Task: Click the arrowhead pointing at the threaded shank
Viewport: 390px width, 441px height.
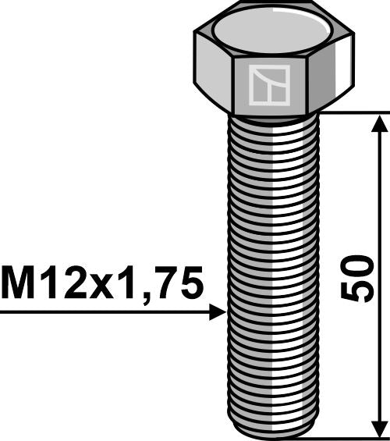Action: pyautogui.click(x=218, y=313)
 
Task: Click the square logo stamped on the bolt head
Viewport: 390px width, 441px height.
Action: pyautogui.click(x=269, y=85)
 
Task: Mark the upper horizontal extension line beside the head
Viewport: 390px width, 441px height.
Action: pyautogui.click(x=351, y=112)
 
